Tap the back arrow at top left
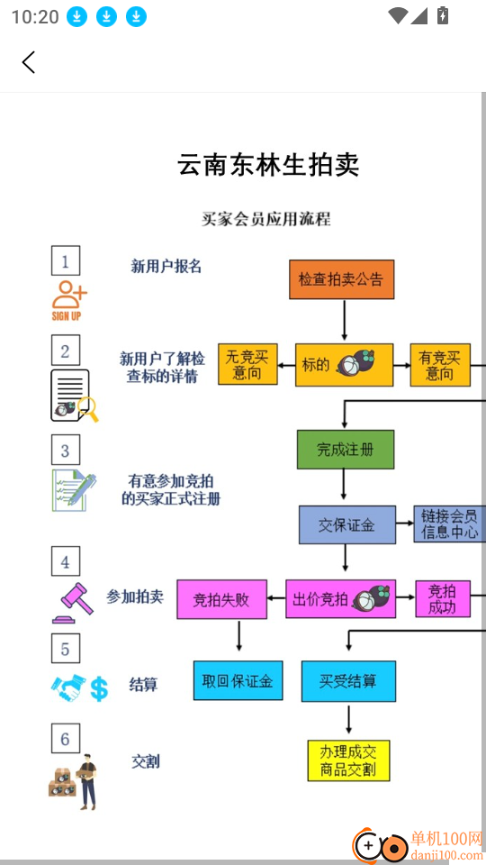pyautogui.click(x=29, y=62)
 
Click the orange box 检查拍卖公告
pyautogui.click(x=341, y=279)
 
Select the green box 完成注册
pyautogui.click(x=346, y=450)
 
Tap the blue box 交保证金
pyautogui.click(x=346, y=524)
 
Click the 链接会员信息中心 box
pyautogui.click(x=449, y=524)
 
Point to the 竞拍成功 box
pyautogui.click(x=442, y=599)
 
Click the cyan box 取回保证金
pyautogui.click(x=238, y=680)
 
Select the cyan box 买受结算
pyautogui.click(x=348, y=680)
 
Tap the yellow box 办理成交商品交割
pyautogui.click(x=348, y=760)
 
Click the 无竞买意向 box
pyautogui.click(x=247, y=365)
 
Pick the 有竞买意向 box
pyautogui.click(x=439, y=365)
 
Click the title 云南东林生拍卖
pyautogui.click(x=268, y=165)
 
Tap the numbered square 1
pyautogui.click(x=65, y=261)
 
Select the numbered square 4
pyautogui.click(x=65, y=562)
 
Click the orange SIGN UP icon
pyautogui.click(x=68, y=300)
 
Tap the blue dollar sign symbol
pyautogui.click(x=99, y=689)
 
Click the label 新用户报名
pyautogui.click(x=166, y=266)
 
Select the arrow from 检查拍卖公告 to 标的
pyautogui.click(x=344, y=320)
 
